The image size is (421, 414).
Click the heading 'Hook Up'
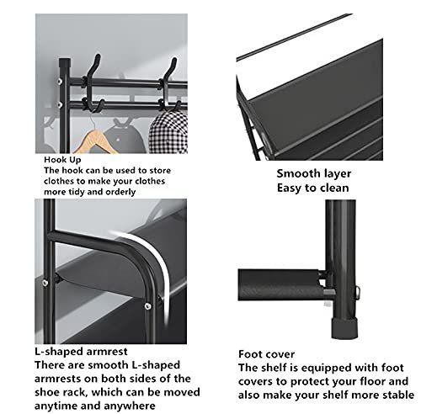(64, 157)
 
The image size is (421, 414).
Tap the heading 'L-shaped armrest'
(72, 348)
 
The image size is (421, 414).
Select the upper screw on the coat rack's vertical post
(61, 81)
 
